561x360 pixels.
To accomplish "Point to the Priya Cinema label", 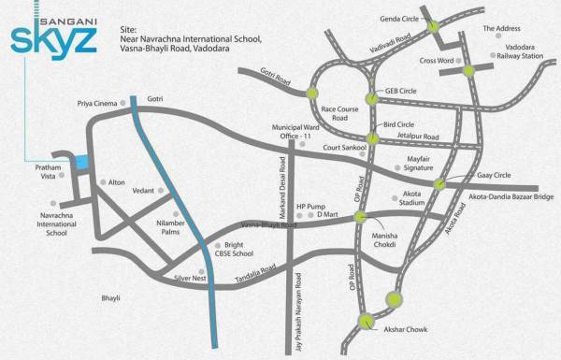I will point(96,105).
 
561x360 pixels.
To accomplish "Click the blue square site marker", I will point(81,161).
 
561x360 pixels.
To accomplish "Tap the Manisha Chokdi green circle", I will point(361,217).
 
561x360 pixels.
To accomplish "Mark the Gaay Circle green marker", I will point(439,184).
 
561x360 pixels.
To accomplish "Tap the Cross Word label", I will point(436,61).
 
